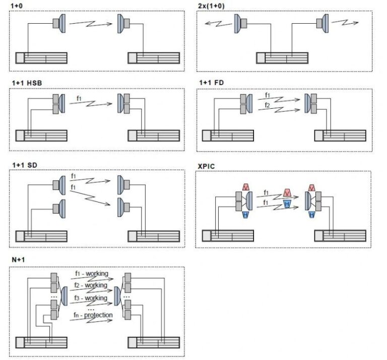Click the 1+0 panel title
17,6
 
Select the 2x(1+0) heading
211,6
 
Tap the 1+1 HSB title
27,83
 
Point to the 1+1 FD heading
212,83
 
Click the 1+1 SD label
25,165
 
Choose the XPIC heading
206,166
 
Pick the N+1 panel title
18,259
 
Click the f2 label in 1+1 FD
267,105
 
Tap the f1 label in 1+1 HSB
79,98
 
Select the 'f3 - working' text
91,298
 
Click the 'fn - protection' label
93,315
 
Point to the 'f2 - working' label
91,285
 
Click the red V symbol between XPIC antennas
287,192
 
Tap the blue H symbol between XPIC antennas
287,204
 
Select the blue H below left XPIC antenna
245,215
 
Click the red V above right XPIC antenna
312,188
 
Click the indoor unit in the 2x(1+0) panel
282,58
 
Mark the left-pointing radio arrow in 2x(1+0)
218,24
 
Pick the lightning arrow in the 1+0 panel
91,24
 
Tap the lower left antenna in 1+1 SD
59,208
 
